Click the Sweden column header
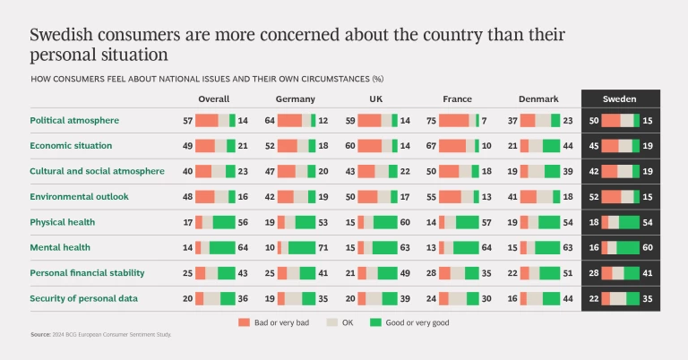(x=620, y=99)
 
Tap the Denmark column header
(x=539, y=99)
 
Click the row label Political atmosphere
(x=74, y=120)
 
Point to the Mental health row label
(x=60, y=246)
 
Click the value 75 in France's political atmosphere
(x=431, y=120)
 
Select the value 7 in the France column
(x=484, y=120)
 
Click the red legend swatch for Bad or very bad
(x=243, y=321)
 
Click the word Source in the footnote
(x=39, y=334)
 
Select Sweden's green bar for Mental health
(x=627, y=247)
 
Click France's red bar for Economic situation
(x=452, y=145)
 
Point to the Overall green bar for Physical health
(x=223, y=221)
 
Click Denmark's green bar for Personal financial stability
(x=550, y=272)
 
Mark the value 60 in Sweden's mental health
(x=647, y=247)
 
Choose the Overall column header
(x=214, y=99)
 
